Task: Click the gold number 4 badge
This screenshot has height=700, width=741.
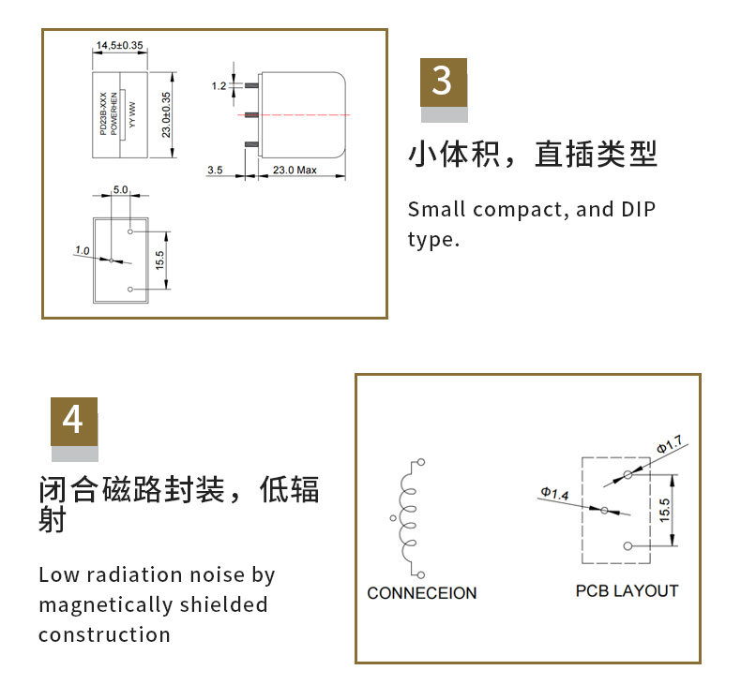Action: pos(73,421)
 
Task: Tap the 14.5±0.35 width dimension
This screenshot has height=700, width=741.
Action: pos(119,45)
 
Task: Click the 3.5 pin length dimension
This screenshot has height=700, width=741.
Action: pos(214,170)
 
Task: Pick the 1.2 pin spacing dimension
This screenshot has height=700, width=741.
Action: pos(219,86)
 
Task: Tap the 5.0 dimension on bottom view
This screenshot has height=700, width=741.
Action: pos(120,189)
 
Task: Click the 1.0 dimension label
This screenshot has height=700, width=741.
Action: pos(83,250)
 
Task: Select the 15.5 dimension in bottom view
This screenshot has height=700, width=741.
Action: pos(159,260)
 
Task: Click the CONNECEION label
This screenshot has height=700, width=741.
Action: pos(421,593)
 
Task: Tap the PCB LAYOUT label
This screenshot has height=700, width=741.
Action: pos(627,591)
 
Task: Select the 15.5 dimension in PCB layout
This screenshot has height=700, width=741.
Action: pos(665,510)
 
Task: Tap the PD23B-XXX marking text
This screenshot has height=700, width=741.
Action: pos(103,115)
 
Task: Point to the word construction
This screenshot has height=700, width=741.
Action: pos(104,634)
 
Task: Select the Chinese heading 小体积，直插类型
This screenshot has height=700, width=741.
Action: pos(533,155)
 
